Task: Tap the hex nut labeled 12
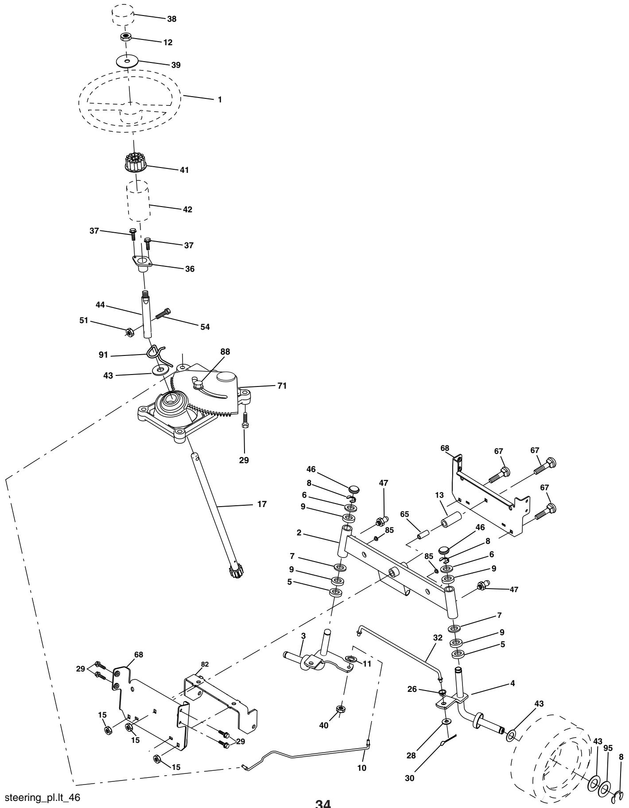[125, 37]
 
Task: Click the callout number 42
[187, 209]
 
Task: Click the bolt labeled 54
[163, 313]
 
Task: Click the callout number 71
[282, 386]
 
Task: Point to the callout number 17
[262, 504]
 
